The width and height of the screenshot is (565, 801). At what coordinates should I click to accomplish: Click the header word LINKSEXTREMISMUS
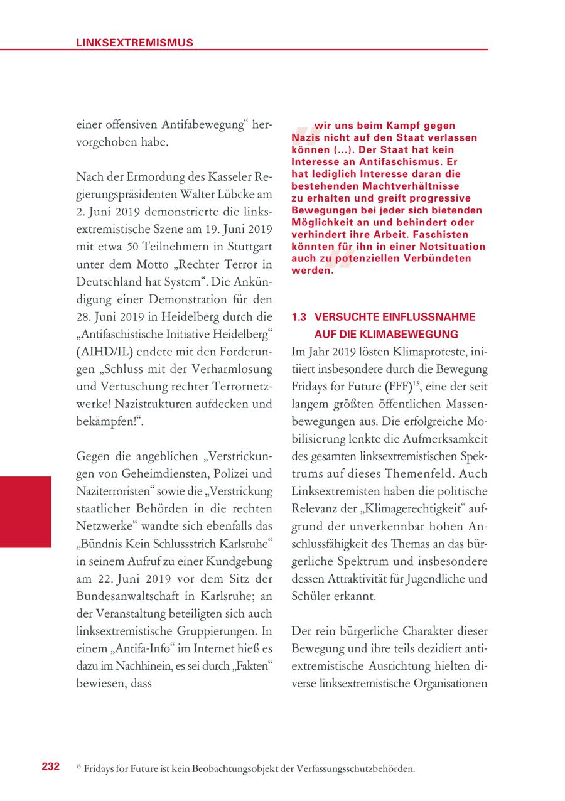click(x=134, y=43)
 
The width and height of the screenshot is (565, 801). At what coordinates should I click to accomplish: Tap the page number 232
click(x=51, y=766)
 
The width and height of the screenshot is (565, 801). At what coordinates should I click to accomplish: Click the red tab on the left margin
click(x=26, y=512)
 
